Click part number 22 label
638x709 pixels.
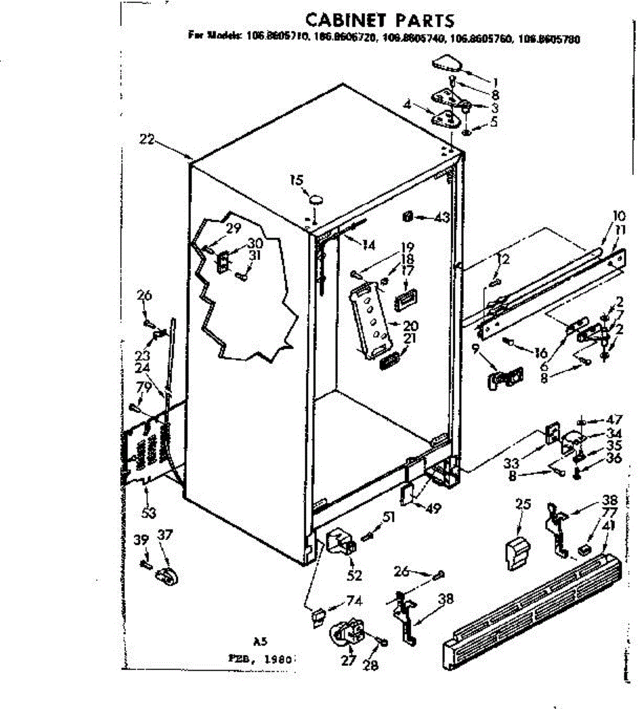click(x=147, y=139)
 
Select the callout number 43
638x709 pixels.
click(x=442, y=217)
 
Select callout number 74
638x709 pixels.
click(x=354, y=601)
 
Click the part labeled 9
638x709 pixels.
click(x=504, y=376)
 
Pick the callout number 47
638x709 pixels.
click(x=615, y=419)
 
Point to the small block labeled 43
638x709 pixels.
click(x=407, y=217)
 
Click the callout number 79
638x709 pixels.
click(x=141, y=388)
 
